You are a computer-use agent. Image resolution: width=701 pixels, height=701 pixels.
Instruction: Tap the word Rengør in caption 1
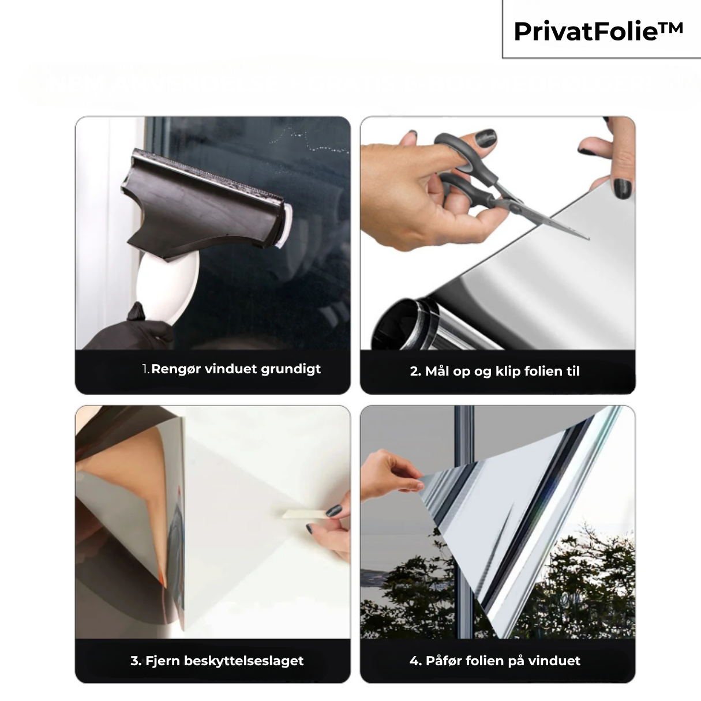tap(176, 369)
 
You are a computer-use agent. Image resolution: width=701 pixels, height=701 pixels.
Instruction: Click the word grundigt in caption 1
tap(291, 370)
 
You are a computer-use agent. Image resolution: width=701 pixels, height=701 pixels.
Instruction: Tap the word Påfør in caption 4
tap(445, 661)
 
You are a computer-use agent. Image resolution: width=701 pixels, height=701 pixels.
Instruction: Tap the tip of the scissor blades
tap(587, 238)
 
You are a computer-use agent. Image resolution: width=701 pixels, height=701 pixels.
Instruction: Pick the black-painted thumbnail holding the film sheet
tap(622, 188)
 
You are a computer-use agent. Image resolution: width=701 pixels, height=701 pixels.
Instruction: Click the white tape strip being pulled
tap(303, 513)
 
